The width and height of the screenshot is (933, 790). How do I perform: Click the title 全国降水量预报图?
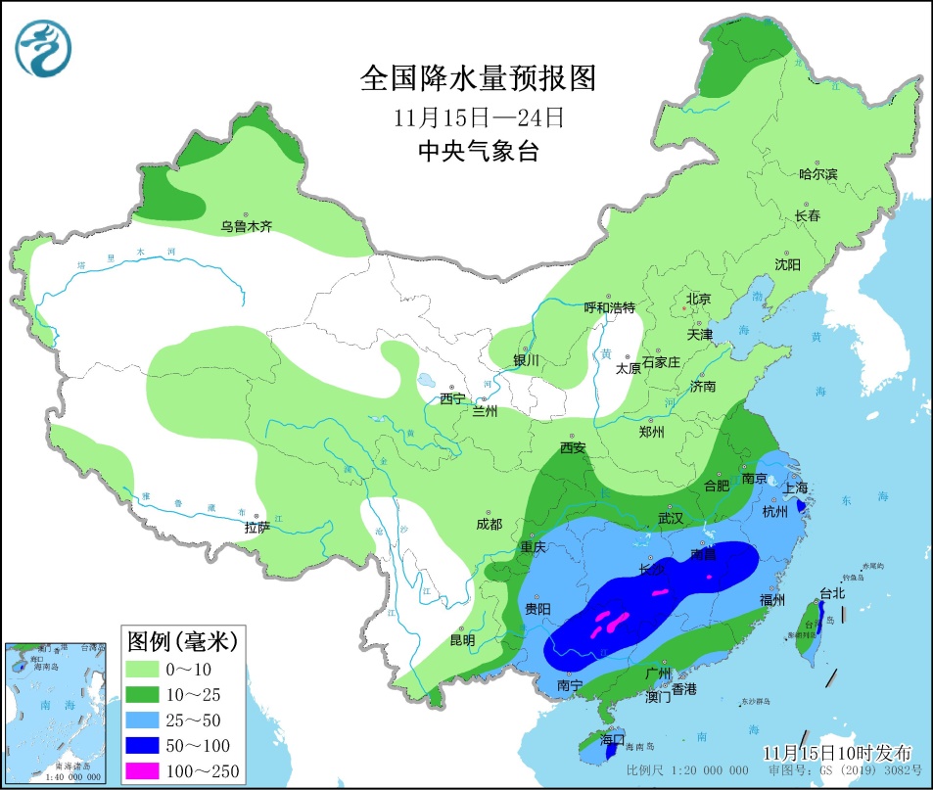pyautogui.click(x=478, y=77)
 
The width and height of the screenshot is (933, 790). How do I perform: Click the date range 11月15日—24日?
pyautogui.click(x=479, y=116)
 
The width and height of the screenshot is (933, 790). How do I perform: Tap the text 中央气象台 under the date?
pyautogui.click(x=479, y=152)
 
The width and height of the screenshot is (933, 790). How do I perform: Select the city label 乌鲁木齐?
pyautogui.click(x=246, y=227)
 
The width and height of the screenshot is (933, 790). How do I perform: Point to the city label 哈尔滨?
pyautogui.click(x=817, y=174)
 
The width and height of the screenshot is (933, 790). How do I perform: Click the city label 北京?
pyautogui.click(x=697, y=300)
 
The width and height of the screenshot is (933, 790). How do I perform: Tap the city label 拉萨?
pyautogui.click(x=257, y=528)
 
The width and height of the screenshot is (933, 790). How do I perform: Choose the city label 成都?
pyautogui.click(x=489, y=525)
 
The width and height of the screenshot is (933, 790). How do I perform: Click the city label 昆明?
pyautogui.click(x=462, y=640)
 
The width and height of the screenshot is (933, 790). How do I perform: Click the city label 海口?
pyautogui.click(x=613, y=741)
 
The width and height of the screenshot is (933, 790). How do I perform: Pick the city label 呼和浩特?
pyautogui.click(x=610, y=307)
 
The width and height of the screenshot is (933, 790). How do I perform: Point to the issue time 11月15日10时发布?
pyautogui.click(x=837, y=753)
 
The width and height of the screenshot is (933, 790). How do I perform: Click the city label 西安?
pyautogui.click(x=573, y=447)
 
